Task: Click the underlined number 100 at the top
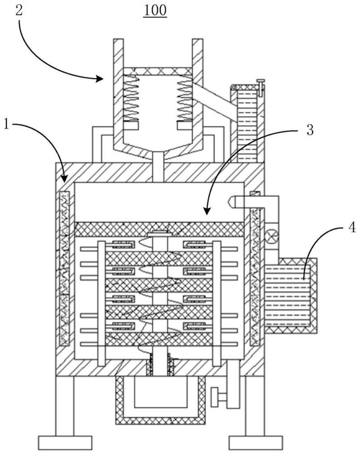coord(155,11)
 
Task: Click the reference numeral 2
coord(19,11)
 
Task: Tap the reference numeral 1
coord(6,125)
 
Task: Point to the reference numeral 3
coord(310,130)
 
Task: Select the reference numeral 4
coord(351,228)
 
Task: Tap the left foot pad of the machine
coord(65,443)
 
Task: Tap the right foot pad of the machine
coord(256,443)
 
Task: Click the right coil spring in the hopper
coord(184,98)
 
